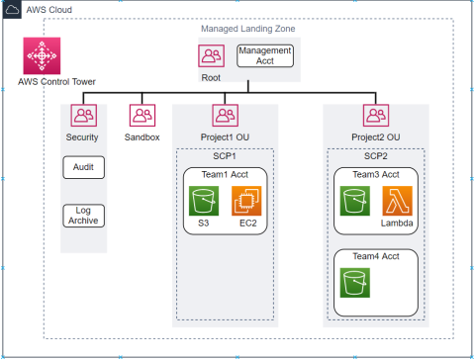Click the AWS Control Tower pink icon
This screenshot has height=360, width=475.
click(43, 54)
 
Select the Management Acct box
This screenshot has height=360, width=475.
click(265, 54)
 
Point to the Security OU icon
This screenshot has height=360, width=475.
click(83, 116)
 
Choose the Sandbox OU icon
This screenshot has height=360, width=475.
click(142, 116)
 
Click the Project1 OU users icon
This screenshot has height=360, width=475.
click(225, 116)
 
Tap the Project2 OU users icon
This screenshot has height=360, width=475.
click(375, 116)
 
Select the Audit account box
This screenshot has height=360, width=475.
click(83, 168)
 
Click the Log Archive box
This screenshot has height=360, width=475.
click(83, 215)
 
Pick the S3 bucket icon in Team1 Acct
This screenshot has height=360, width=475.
click(203, 203)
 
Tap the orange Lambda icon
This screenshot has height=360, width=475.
click(397, 203)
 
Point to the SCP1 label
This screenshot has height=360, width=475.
click(224, 156)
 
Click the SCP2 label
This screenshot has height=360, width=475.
click(374, 156)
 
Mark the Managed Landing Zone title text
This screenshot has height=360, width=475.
click(240, 30)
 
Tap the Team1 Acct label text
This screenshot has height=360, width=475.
click(224, 174)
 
